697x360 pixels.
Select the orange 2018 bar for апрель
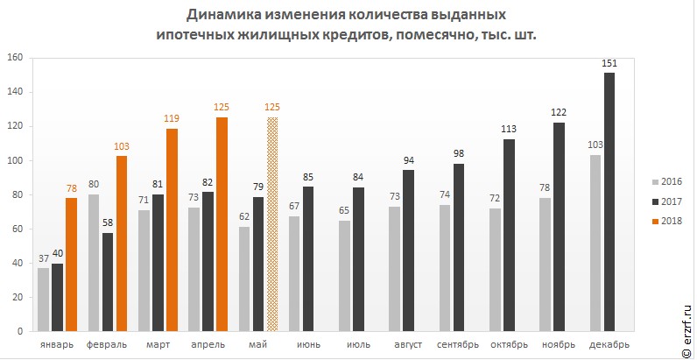pos(222,224)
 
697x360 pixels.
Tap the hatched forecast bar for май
pos(272,224)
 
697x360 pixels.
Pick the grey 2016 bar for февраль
pos(94,263)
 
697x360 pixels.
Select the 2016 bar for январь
pos(43,300)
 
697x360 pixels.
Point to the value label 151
pos(609,63)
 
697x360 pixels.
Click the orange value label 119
pos(172,118)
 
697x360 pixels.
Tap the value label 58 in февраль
pos(108,223)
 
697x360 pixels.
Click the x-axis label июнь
pos(308,344)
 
